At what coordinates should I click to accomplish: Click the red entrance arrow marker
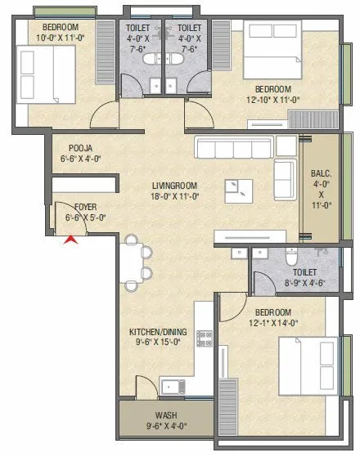tap(72, 240)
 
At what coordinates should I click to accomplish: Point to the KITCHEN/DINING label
tap(157, 332)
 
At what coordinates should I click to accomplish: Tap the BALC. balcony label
tap(321, 174)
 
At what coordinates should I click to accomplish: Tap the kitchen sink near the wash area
tap(173, 386)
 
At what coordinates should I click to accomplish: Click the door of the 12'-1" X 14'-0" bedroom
tap(231, 309)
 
